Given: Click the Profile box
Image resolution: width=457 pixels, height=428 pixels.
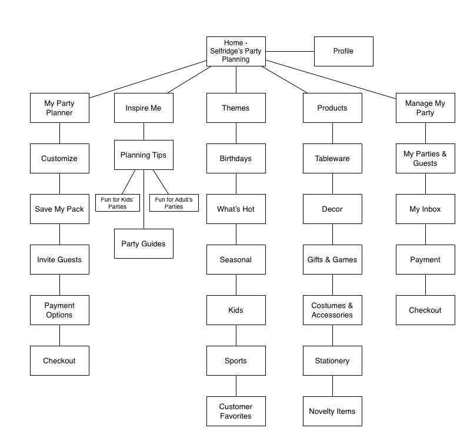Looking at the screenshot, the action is click(343, 51).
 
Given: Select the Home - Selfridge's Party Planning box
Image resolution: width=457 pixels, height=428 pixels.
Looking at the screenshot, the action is click(236, 51).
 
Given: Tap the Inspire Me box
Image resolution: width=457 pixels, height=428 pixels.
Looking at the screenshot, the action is click(144, 108).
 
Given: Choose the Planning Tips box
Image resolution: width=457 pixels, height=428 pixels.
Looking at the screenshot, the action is click(144, 155).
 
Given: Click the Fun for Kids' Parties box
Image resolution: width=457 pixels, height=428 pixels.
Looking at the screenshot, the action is click(118, 203).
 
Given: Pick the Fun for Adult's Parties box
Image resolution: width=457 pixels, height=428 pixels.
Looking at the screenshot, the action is click(174, 203).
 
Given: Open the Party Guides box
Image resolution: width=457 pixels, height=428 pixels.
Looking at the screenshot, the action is click(144, 243).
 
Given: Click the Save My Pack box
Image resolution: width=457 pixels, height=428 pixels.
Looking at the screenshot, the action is click(60, 209).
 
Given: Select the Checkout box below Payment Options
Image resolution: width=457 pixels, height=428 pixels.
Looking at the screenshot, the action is click(60, 361).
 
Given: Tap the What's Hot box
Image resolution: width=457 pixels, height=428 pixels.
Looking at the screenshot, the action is click(236, 209).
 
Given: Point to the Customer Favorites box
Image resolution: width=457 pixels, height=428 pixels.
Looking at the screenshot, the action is click(236, 411).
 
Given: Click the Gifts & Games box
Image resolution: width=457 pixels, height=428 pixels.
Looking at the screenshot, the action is click(332, 260).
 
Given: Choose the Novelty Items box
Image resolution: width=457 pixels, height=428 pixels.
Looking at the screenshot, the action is click(332, 411).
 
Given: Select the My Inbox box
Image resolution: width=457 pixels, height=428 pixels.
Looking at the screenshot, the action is click(425, 209).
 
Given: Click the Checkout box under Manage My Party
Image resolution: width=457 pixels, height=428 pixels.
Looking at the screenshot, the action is click(425, 310).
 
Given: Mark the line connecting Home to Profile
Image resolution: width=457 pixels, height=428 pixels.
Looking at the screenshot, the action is click(290, 51).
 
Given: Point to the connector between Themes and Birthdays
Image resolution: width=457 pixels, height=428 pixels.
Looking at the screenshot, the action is click(236, 133).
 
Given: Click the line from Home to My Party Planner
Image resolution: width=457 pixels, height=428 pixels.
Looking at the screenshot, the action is click(148, 79).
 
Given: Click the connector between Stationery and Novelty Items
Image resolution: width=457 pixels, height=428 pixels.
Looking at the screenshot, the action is click(332, 386).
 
